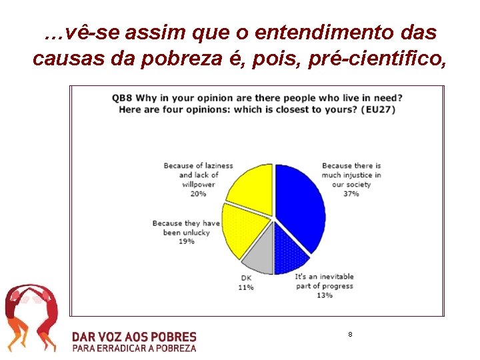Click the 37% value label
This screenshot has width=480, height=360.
pos(351,194)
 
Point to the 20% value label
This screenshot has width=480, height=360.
pos(197,194)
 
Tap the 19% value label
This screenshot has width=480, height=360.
pos(187,241)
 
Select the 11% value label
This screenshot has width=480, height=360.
pos(245,287)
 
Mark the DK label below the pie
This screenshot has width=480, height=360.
pos(245,279)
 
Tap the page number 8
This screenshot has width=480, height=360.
pos(350,333)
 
